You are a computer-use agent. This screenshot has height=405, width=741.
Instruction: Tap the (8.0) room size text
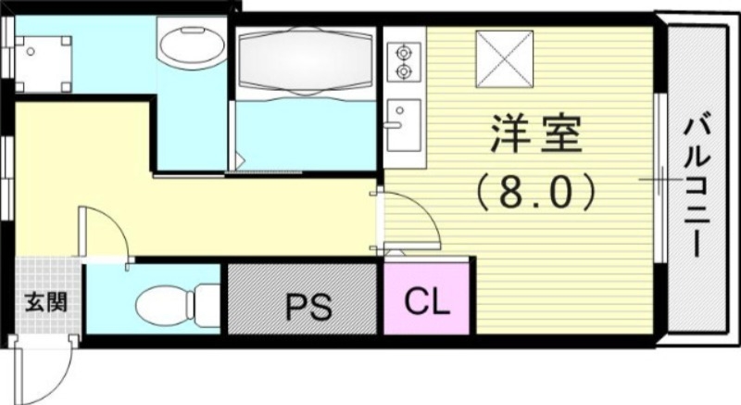pos(534,193)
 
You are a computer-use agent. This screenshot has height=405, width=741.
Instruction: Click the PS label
pos(308,306)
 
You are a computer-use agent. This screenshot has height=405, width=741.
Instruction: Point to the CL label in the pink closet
pos(427,302)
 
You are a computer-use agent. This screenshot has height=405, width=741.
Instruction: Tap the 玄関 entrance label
pos(44,303)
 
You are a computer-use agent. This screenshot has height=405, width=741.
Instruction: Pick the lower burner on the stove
pos(403,70)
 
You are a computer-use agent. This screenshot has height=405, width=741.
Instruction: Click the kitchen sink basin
pos(403,125)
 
